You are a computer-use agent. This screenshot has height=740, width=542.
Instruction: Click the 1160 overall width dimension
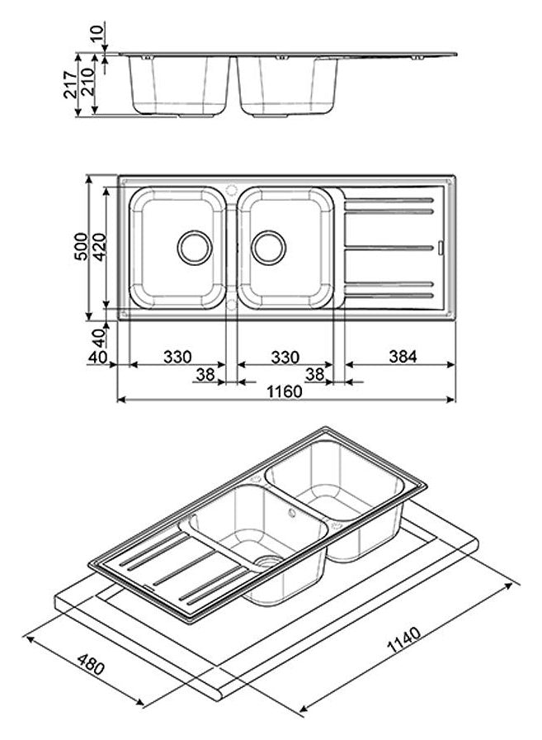pos(284,391)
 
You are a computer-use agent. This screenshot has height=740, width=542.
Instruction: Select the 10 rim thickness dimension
pos(98,35)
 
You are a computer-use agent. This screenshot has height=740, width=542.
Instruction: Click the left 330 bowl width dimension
pos(177,357)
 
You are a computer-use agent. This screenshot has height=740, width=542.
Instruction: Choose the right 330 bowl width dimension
pos(285,357)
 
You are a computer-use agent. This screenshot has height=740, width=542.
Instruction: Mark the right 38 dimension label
pos(313,376)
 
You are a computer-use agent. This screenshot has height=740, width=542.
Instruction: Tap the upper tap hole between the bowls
pos(232,187)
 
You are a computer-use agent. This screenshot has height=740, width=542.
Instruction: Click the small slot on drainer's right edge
pos(442,246)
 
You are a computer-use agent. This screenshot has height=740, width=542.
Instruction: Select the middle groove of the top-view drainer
pos(389,247)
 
